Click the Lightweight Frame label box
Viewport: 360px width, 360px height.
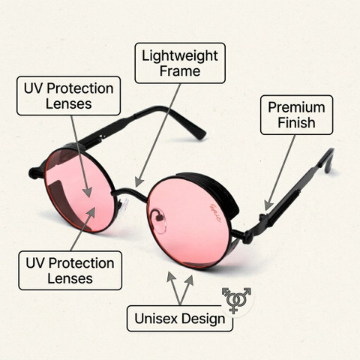180,63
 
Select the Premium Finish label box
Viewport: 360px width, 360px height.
296,115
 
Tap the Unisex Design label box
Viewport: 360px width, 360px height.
180,319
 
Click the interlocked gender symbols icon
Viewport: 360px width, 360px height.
236,299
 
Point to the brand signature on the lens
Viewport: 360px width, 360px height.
214,213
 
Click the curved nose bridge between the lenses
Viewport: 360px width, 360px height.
130,193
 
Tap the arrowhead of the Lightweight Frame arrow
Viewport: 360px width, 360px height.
139,182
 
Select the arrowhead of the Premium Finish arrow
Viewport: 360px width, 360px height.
268,205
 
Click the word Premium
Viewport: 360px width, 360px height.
296,107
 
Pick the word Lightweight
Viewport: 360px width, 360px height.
180,55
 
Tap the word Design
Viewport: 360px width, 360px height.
203,319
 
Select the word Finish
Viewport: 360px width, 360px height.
296,122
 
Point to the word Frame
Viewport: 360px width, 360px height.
180,70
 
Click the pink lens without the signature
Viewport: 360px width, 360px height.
79,190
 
